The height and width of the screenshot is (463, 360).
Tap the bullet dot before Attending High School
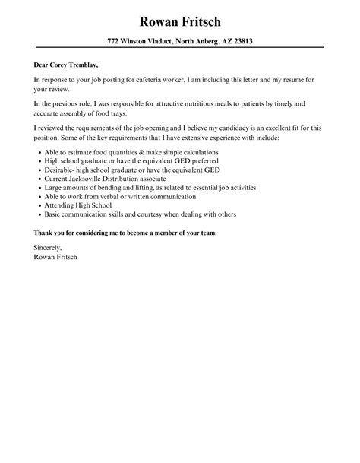tap(38, 205)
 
